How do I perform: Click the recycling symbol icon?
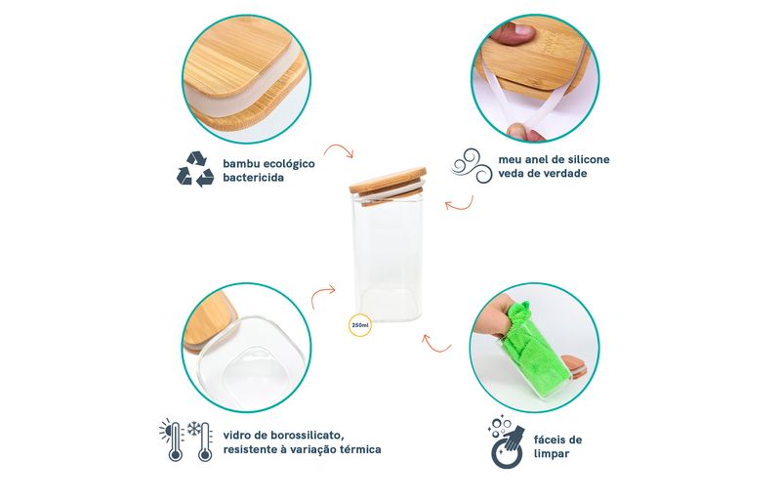click(x=195, y=170)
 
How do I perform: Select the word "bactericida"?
click(x=254, y=178)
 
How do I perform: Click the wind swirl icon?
click(x=472, y=166)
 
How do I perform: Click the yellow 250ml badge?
click(x=359, y=325)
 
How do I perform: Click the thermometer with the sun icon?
click(x=173, y=439)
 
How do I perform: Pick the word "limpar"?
click(x=551, y=454)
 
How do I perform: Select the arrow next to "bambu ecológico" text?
click(x=338, y=150)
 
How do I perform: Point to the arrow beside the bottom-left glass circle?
click(x=323, y=296)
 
